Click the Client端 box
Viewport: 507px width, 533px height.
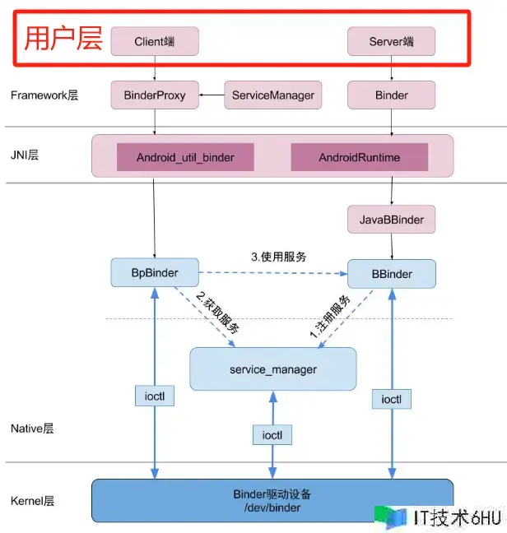(156, 41)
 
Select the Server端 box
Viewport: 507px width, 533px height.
(391, 41)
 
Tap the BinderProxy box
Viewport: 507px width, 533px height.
(155, 95)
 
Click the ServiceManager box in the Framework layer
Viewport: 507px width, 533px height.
(273, 95)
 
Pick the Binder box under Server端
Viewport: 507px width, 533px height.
(391, 95)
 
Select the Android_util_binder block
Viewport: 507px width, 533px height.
(185, 157)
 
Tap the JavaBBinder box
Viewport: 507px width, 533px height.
(391, 220)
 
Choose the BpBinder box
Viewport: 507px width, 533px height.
(155, 272)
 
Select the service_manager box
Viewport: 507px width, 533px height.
(273, 369)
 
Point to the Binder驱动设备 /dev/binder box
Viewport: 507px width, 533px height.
(272, 500)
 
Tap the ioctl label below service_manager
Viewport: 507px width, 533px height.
(272, 434)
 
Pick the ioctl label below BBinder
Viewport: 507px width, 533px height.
(391, 399)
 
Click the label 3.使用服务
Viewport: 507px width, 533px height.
(278, 256)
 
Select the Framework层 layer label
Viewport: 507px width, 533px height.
(44, 95)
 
